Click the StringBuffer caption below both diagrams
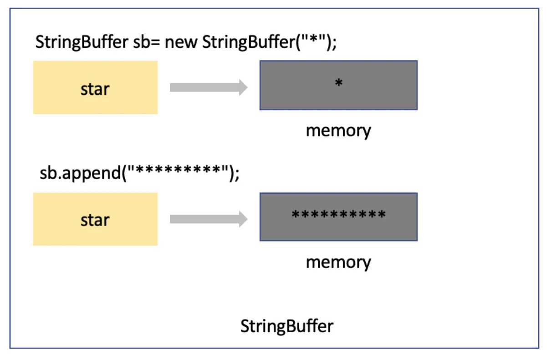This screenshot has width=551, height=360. (287, 326)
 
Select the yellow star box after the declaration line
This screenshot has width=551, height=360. (95, 87)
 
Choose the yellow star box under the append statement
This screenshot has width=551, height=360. (95, 219)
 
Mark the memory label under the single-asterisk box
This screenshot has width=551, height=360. (338, 131)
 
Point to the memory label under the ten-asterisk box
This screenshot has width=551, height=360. (338, 262)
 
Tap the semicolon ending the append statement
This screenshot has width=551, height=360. (236, 175)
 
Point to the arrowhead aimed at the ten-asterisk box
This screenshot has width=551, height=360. (243, 219)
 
